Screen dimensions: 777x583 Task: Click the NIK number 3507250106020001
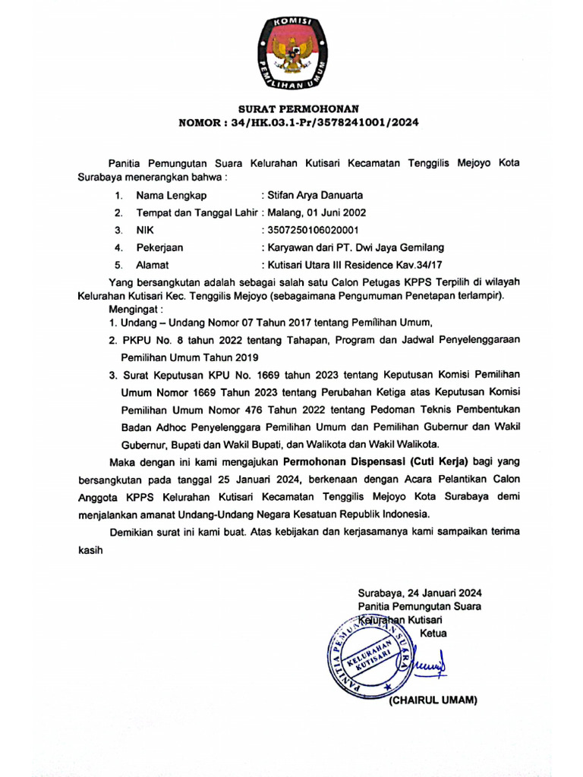tap(311, 230)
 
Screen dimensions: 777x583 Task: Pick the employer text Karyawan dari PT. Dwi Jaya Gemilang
tap(354, 247)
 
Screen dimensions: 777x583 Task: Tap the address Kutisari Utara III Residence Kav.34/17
tap(352, 265)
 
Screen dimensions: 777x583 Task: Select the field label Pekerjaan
tap(159, 247)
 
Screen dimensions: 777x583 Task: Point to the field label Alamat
tap(152, 265)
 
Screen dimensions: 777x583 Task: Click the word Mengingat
tap(135, 310)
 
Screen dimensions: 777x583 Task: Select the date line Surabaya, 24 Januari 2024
tap(420, 593)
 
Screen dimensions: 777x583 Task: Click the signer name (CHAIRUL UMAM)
tap(433, 700)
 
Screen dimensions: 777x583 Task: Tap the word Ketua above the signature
tap(433, 633)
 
